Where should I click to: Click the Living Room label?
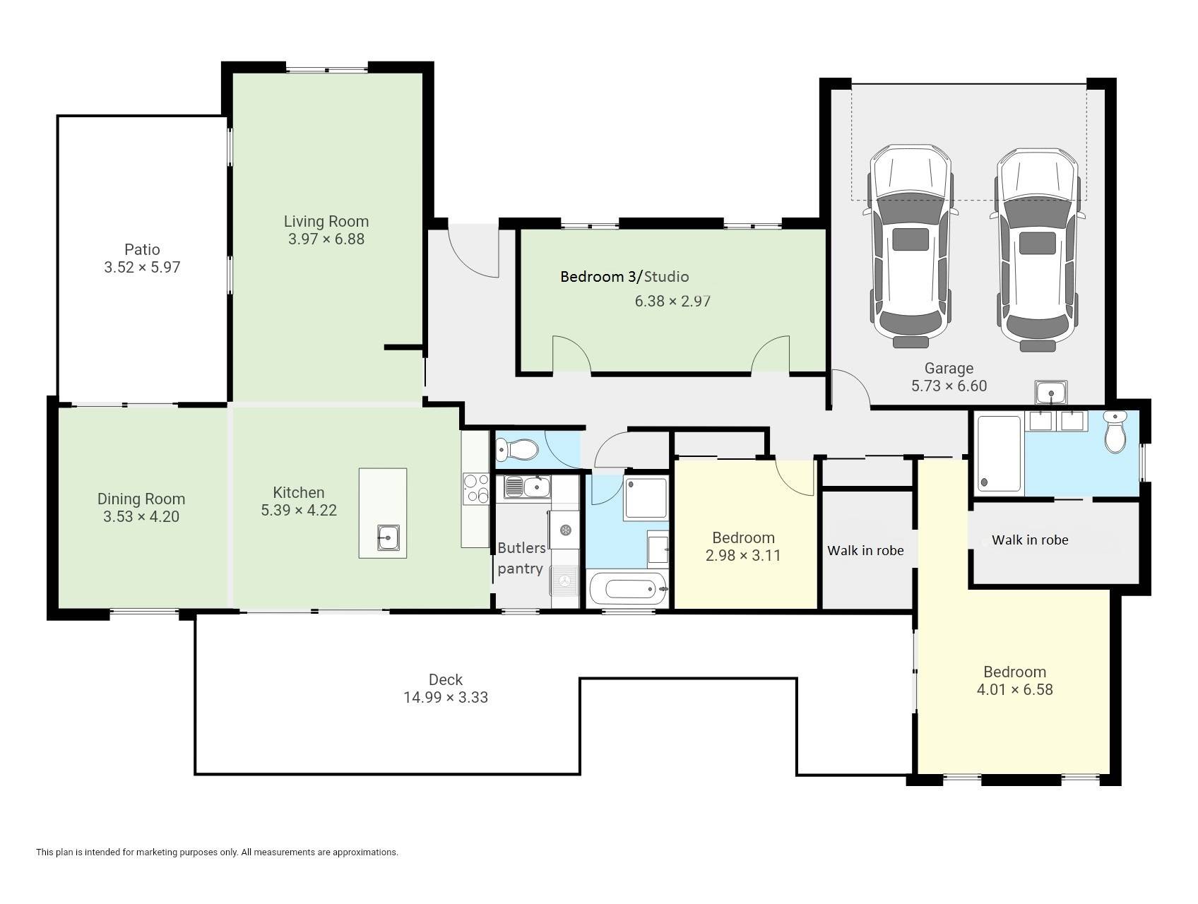point(326,222)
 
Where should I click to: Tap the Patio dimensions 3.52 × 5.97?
point(142,268)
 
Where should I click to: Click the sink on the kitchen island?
point(389,537)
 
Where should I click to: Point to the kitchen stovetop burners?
point(476,489)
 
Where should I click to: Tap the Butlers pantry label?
point(521,558)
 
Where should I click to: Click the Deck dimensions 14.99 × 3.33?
point(446,698)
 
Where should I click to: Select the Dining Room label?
point(141,499)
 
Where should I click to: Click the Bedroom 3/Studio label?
point(624,277)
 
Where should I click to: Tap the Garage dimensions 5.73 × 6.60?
point(949,386)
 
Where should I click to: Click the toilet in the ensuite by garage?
point(1115,432)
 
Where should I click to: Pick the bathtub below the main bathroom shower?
point(628,588)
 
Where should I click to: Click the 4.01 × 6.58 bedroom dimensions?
point(1015,690)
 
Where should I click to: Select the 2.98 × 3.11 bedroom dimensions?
point(743,556)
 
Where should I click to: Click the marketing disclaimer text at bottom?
point(217,852)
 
